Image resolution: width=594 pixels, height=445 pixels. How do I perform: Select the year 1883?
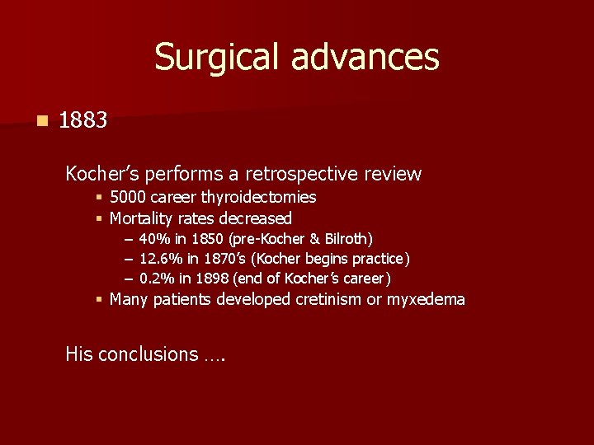point(83,120)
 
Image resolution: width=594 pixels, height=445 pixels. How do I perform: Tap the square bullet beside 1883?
point(42,120)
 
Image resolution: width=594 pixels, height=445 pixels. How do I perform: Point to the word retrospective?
point(313,174)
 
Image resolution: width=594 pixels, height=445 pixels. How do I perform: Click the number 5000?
point(128,197)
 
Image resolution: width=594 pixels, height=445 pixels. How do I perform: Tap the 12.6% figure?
point(158,259)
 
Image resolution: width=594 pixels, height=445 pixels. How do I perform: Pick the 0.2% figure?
point(154,279)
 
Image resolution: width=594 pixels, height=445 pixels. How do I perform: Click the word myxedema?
point(427,299)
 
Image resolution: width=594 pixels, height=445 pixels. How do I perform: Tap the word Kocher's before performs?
point(101,174)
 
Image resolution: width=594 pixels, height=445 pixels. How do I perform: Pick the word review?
point(393,174)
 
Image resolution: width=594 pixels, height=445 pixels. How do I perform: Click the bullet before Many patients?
point(98,299)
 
